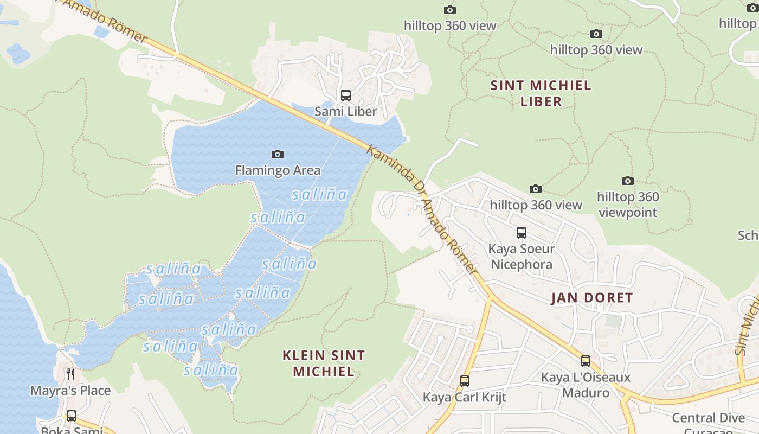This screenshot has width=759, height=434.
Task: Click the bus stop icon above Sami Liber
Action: coord(345,95)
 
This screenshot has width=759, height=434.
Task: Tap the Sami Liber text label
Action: coord(345,112)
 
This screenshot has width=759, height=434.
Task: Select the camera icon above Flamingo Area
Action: coord(278,155)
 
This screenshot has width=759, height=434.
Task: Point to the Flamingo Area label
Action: coord(278,170)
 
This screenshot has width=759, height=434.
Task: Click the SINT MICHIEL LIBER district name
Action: coord(541,93)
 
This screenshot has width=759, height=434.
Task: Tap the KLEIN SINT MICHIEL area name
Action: coord(324,363)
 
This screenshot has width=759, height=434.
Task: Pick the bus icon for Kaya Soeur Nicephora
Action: coord(521,233)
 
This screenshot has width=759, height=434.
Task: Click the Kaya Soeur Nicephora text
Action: coord(520,257)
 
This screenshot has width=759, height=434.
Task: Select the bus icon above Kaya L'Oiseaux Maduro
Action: coord(586,361)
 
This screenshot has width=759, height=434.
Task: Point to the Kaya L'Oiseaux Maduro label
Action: coord(586,385)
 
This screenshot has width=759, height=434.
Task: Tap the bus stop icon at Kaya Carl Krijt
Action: coord(464,381)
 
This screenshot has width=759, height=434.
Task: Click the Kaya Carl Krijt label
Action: coord(464,397)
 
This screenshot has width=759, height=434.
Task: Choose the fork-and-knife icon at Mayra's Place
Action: coord(70,374)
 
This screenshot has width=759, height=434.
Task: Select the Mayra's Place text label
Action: coord(70,391)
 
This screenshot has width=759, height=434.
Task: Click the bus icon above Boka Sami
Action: coord(71,416)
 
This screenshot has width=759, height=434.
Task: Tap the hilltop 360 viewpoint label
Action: coord(628,205)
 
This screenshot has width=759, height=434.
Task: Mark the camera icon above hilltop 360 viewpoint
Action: coord(627,181)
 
